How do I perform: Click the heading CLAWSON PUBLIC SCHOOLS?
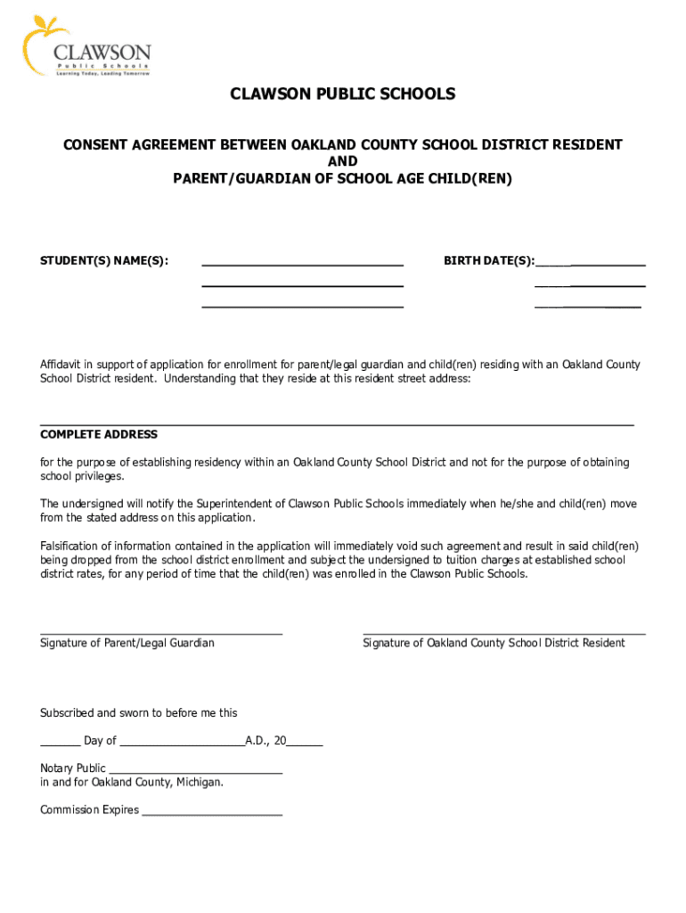point(343,95)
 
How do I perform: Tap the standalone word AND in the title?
point(343,161)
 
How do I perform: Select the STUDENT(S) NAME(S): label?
point(104,261)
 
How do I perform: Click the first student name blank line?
point(302,264)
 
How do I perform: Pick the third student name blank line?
point(302,305)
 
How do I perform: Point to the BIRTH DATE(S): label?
point(489,261)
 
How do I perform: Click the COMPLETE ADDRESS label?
point(99,435)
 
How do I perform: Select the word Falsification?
point(73,546)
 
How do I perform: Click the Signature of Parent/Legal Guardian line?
point(161,632)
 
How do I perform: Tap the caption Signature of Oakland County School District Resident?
point(494,643)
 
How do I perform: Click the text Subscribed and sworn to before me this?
point(139,713)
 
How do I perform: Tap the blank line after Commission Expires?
point(212,814)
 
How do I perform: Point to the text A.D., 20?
point(265,741)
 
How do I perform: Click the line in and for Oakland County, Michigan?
point(132,783)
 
